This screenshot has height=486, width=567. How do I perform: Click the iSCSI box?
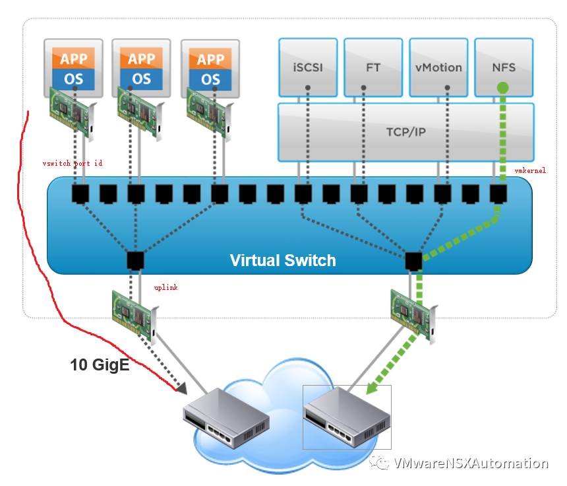click(x=308, y=67)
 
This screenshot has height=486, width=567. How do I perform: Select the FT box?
click(x=373, y=67)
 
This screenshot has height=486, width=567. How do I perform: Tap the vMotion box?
click(x=438, y=67)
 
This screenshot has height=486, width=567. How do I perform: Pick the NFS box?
click(x=504, y=67)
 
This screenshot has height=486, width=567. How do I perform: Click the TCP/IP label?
click(x=405, y=132)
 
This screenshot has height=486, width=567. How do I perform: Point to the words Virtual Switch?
click(x=283, y=260)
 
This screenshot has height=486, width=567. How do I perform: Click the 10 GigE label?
click(x=100, y=364)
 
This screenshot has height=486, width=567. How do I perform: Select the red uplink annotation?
click(x=165, y=288)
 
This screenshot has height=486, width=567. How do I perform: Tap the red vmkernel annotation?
click(x=530, y=170)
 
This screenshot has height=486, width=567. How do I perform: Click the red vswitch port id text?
click(x=72, y=162)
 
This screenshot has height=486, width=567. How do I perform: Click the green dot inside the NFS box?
click(x=503, y=87)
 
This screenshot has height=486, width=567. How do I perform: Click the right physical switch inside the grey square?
click(x=347, y=416)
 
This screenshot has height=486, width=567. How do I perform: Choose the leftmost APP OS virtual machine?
click(x=73, y=66)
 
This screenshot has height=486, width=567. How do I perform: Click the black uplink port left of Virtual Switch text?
click(x=134, y=260)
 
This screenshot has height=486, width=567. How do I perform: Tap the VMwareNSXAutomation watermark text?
click(x=470, y=463)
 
